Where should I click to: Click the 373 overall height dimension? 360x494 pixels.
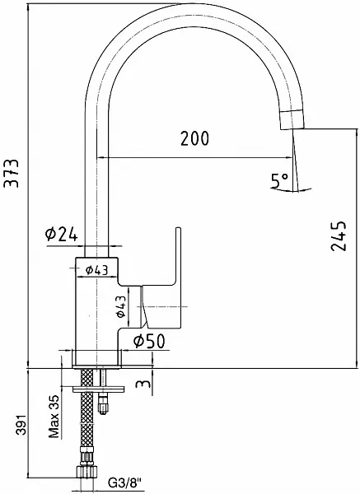[x=12, y=173]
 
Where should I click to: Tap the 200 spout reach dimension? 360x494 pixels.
[x=194, y=138]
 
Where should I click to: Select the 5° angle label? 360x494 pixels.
[x=279, y=180]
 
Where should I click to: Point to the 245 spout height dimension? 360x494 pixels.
[x=339, y=236]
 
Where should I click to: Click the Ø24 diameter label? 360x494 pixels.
[x=61, y=234]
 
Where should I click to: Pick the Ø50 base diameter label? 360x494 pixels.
[x=149, y=341]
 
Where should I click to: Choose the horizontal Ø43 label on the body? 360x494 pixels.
[x=96, y=270]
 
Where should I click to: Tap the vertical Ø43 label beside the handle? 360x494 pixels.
[x=121, y=306]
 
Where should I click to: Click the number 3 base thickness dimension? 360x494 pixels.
[x=143, y=384]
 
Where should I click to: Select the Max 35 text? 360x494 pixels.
[x=54, y=417]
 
